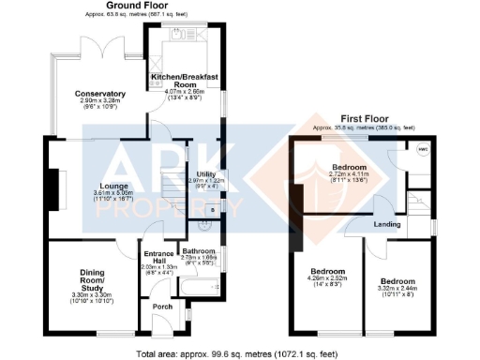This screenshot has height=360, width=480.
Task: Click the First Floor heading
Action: tap(366, 120)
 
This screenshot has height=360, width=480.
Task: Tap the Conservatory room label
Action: tap(101, 94)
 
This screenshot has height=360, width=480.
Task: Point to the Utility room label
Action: tap(206, 175)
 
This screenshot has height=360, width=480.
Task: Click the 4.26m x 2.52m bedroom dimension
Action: tap(329, 278)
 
